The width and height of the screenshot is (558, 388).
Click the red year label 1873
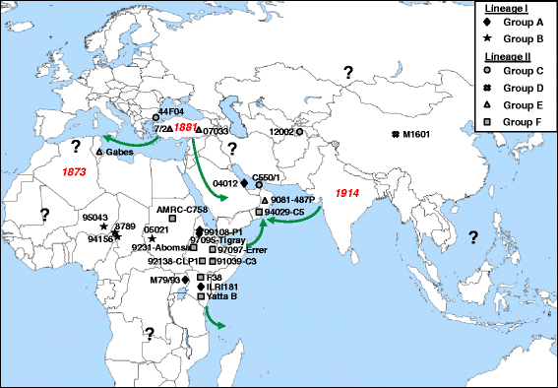[x=75, y=173]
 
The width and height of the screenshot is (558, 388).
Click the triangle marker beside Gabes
[x=99, y=152]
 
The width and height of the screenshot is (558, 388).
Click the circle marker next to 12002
[x=299, y=131]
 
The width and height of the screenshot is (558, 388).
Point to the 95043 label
[x=96, y=218]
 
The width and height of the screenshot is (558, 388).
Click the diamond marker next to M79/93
[x=185, y=280]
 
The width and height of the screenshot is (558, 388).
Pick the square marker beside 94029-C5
[x=259, y=212]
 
